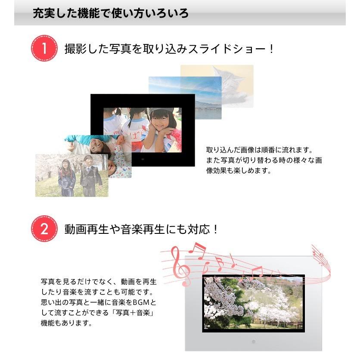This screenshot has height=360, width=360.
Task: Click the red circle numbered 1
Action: click(44, 49)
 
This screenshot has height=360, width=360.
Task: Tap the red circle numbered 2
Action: click(44, 229)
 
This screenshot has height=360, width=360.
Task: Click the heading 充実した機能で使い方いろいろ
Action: click(111, 13)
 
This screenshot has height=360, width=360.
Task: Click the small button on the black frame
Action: click(143, 159)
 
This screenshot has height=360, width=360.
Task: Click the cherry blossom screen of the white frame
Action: click(253, 303)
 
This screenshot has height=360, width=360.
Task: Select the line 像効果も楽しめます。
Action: click(239, 171)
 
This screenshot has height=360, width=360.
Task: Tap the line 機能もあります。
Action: click(66, 323)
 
